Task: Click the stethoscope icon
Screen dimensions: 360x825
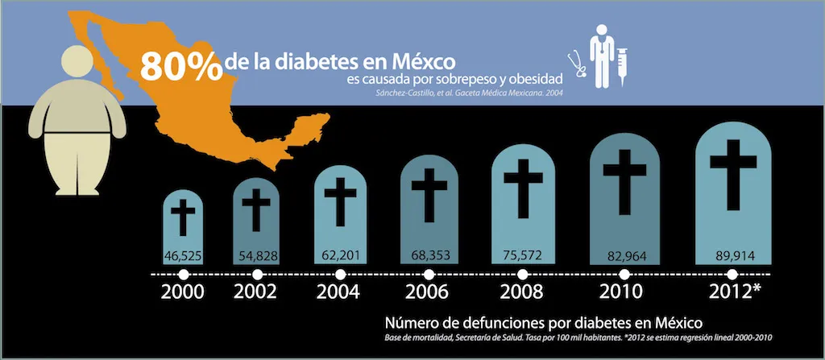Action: pyautogui.click(x=575, y=64)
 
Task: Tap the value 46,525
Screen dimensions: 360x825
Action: pyautogui.click(x=184, y=256)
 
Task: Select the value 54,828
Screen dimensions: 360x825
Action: pyautogui.click(x=258, y=256)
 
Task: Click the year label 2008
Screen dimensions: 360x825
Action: pyautogui.click(x=522, y=292)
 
